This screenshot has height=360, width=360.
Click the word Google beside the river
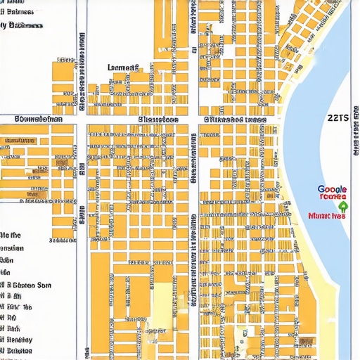(332, 189)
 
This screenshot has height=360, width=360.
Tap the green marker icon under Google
(342, 207)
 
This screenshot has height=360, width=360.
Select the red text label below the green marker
(327, 216)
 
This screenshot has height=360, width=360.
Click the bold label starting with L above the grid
(123, 68)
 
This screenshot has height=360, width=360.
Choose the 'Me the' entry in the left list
(11, 235)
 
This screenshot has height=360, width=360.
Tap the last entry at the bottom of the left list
(17, 349)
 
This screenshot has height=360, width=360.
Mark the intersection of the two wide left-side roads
(81, 120)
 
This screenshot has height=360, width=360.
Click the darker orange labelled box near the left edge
(19, 141)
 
